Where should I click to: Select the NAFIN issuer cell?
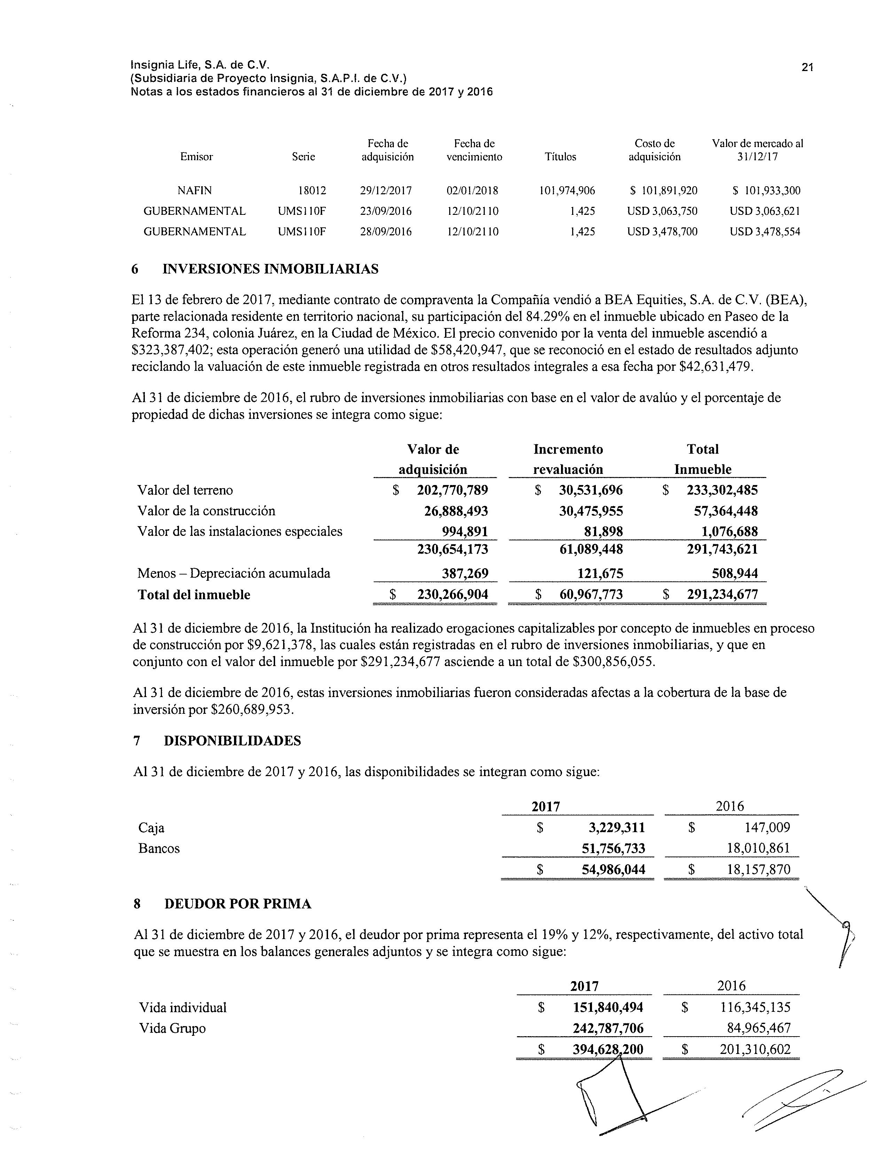point(195,190)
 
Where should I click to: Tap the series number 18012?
point(312,190)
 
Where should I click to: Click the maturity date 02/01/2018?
point(472,190)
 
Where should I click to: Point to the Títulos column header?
point(560,157)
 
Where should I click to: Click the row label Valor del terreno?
point(185,490)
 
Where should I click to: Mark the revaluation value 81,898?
point(603,531)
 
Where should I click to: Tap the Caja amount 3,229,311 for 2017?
point(616,828)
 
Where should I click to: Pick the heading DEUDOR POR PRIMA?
point(238,904)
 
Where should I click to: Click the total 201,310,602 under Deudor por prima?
point(755,1049)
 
